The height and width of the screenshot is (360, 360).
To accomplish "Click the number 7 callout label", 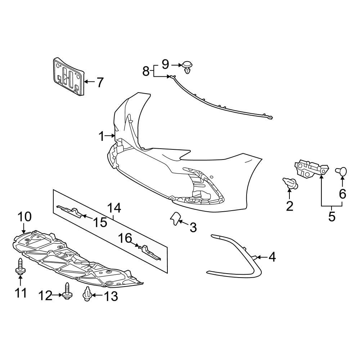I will tap(99, 82).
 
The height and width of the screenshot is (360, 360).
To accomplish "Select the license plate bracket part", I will tap(68, 76).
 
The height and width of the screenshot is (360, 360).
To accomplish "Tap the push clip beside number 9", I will tap(187, 67).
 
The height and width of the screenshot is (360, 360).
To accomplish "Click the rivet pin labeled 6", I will tap(342, 171).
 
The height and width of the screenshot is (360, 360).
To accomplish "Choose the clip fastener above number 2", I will tap(290, 183).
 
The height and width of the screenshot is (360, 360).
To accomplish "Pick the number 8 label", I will tap(146, 71).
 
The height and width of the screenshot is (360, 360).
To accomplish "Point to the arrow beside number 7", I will tap(89, 82).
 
